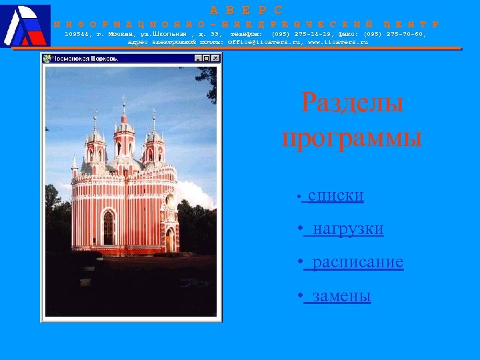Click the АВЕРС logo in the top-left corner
pos(25,25)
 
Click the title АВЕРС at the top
pos(247,10)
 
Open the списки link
pos(335,196)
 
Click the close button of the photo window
pos(215,59)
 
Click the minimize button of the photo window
pos(198,59)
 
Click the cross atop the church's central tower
pos(123,101)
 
